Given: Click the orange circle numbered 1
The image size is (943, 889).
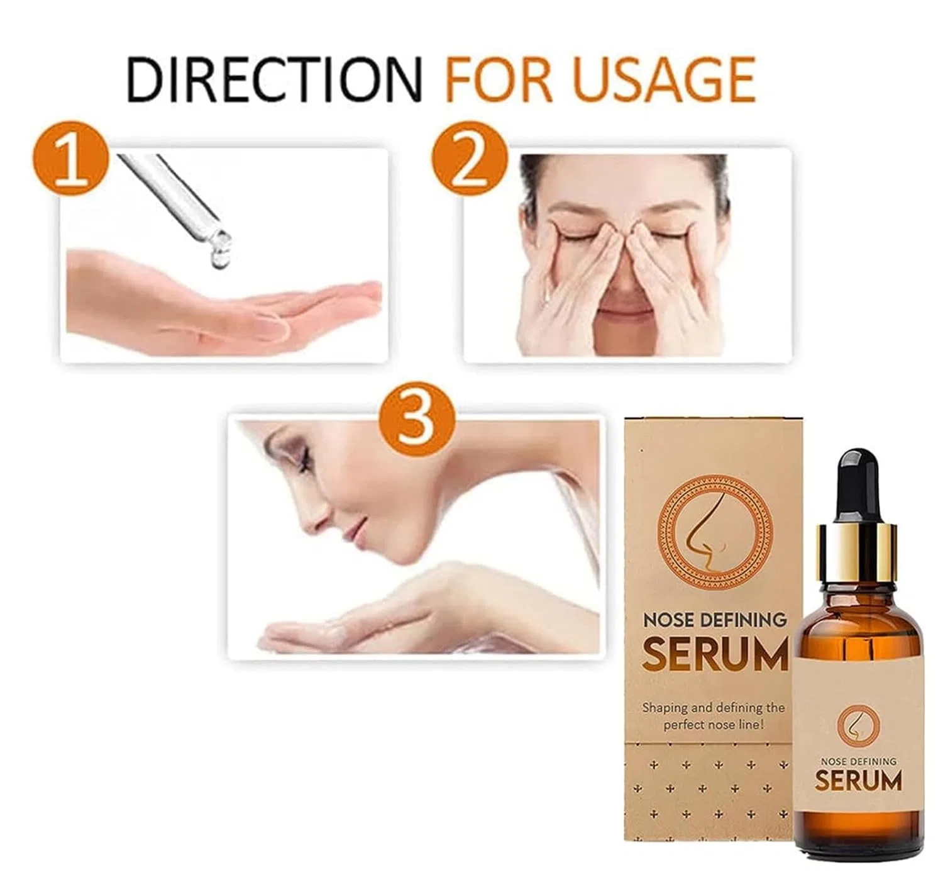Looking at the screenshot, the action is point(71,157).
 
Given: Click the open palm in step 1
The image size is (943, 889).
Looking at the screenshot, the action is point(223,308).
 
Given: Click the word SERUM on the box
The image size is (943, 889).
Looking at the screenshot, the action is point(715,656).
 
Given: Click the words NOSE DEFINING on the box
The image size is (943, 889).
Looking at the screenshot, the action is point(715,620).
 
